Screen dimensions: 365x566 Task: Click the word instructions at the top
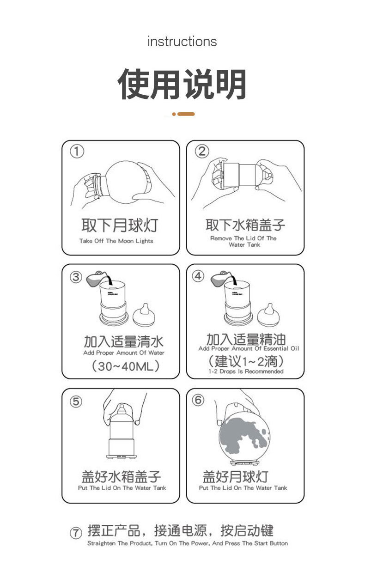182,42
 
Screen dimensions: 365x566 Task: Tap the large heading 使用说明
182,84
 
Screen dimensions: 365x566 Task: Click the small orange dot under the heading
174,114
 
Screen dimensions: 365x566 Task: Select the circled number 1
77,152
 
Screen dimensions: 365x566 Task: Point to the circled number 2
202,152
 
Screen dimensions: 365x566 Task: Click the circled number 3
76,277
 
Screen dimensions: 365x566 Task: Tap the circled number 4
198,276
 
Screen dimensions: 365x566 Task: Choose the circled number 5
76,402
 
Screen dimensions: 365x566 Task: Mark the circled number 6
198,400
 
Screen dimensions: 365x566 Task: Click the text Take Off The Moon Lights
116,241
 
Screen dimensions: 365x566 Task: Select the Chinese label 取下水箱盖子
245,225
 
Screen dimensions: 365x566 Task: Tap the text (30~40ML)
126,366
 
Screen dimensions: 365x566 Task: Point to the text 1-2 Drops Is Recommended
246,371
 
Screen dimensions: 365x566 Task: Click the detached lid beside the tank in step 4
268,315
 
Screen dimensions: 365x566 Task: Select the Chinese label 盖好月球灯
236,477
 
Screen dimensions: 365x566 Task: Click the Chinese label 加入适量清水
124,341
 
